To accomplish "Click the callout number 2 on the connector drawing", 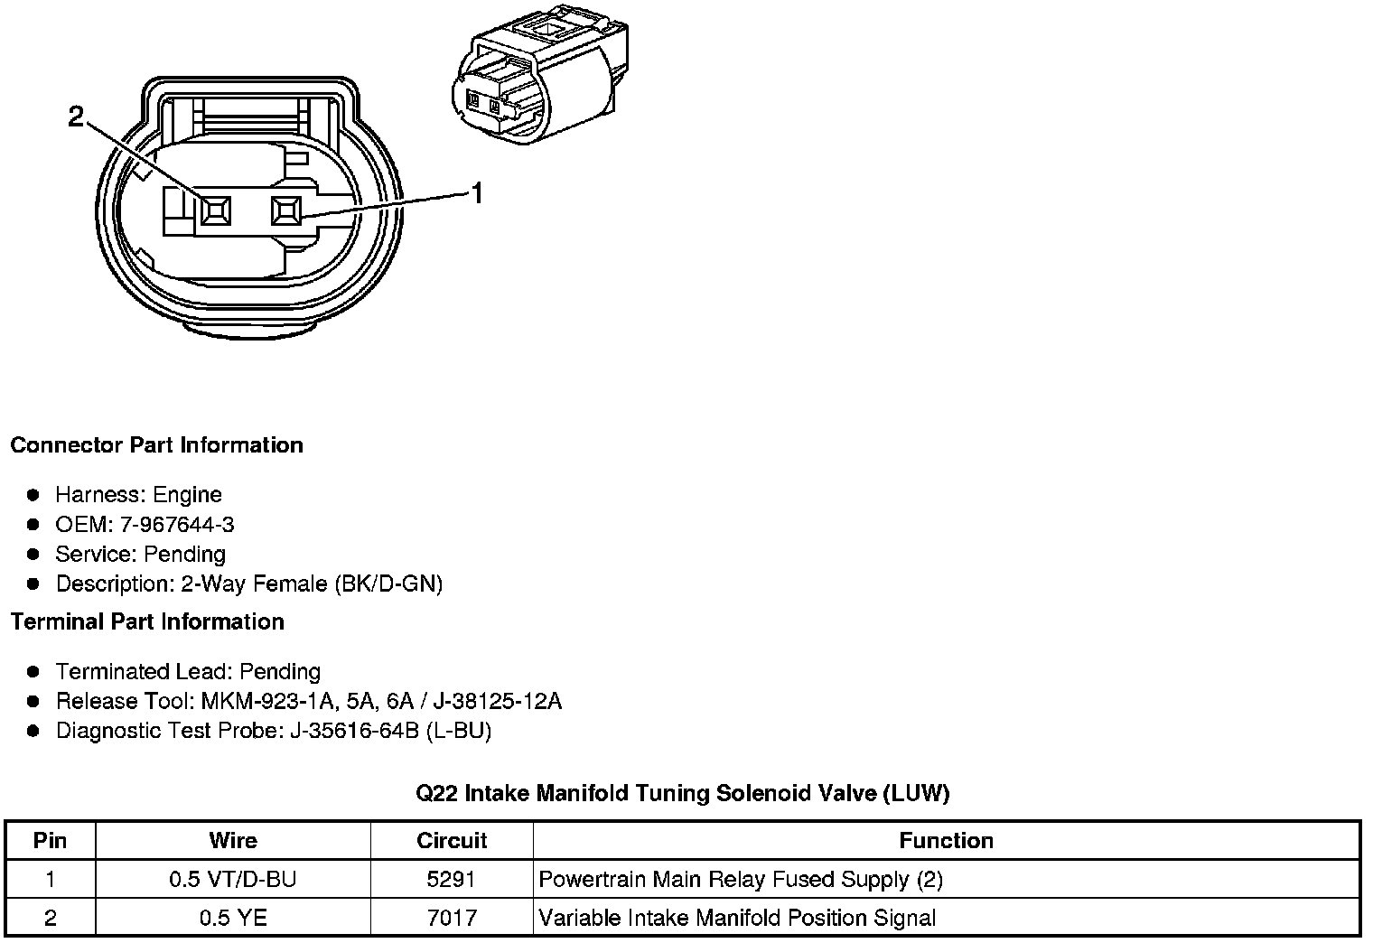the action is pos(76,117).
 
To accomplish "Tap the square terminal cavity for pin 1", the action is pos(286,210).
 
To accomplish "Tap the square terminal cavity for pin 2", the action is pos(216,210).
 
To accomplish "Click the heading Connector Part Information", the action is pos(157,444).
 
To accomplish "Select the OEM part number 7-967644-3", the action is pos(177,525).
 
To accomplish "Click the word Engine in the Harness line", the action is pos(187,494).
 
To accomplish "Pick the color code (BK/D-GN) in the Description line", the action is pos(388,584).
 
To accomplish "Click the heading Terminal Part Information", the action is pos(147,622).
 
